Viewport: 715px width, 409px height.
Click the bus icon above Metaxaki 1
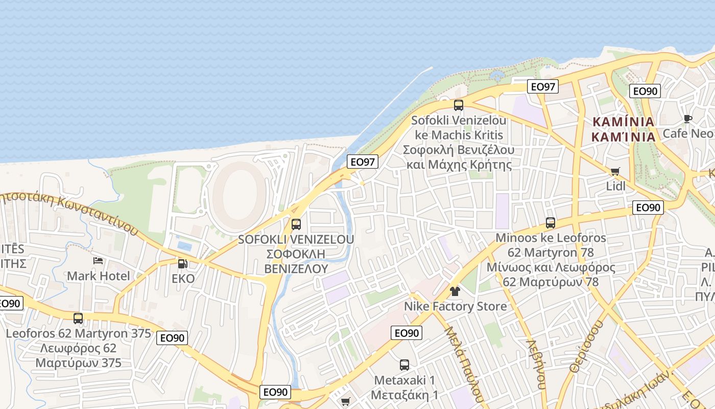tap(404, 365)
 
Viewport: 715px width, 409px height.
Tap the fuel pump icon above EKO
tap(182, 264)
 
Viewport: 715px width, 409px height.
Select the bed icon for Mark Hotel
tap(98, 261)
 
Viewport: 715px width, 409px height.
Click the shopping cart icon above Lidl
tap(615, 171)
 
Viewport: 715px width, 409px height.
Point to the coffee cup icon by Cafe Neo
tap(688, 119)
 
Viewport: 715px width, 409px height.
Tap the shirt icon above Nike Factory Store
tap(455, 291)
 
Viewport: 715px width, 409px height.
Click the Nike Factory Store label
tap(455, 306)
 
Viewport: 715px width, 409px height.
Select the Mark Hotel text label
tap(99, 276)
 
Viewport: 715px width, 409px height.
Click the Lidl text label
tap(615, 186)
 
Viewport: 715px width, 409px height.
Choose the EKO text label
tap(183, 279)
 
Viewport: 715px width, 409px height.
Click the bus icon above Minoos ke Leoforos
tap(550, 223)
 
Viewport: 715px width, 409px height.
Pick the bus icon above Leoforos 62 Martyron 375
tap(78, 319)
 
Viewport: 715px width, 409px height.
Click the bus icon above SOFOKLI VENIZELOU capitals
tap(296, 224)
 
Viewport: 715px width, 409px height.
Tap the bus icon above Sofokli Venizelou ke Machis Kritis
tap(459, 105)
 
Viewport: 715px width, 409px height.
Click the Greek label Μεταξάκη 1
tap(404, 395)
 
